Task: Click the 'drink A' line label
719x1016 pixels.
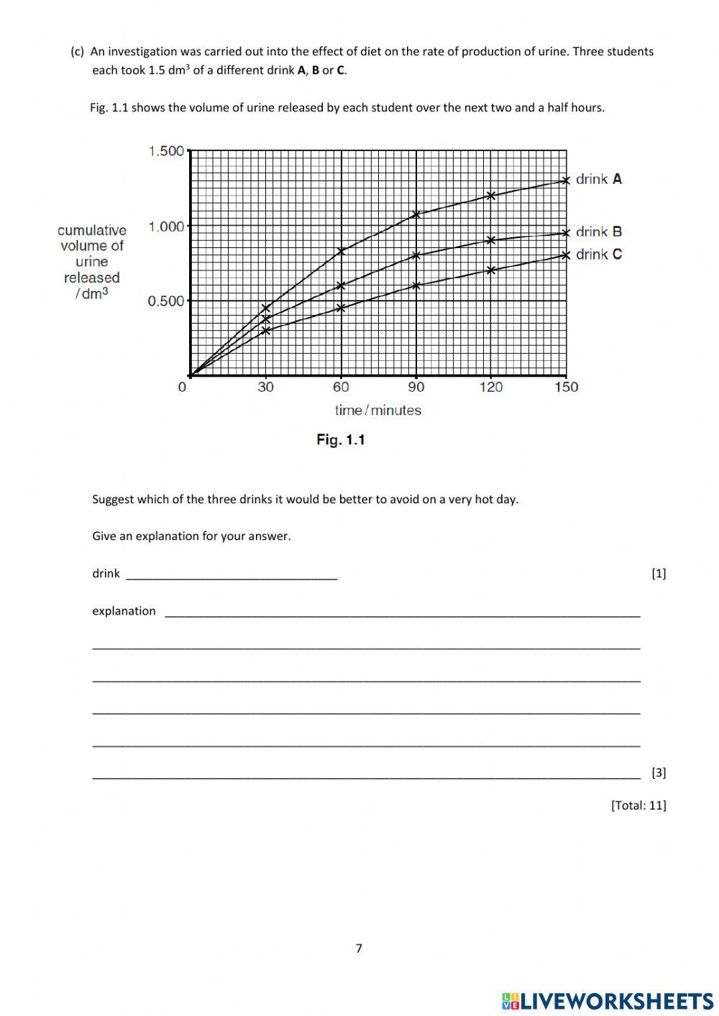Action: pos(598,179)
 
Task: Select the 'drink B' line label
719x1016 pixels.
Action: pos(598,232)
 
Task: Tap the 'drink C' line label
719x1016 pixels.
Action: pos(598,254)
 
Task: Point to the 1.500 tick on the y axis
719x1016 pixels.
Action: pos(166,151)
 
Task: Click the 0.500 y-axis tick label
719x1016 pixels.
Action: pos(166,301)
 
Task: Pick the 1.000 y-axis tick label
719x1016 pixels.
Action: pos(166,226)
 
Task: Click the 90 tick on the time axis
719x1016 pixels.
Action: pos(416,387)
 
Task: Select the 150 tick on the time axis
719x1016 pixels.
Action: pos(567,387)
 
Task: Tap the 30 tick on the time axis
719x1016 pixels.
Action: pos(266,387)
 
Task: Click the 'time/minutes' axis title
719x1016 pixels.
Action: pos(377,410)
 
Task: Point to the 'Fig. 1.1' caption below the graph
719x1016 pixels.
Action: pos(341,439)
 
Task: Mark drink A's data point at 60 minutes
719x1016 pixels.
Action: pos(342,251)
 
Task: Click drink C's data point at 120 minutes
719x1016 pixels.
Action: pos(491,270)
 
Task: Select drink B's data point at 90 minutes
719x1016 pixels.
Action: pos(416,255)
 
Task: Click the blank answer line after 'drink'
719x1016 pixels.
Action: pos(232,575)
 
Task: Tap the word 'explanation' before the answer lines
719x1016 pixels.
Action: pos(124,611)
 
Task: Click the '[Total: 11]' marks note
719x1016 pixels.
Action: pos(638,805)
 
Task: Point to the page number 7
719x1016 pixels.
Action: pos(359,948)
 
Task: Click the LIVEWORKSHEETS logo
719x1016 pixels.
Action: pos(608,1001)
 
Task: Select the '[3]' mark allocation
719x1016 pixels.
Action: pos(659,773)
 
